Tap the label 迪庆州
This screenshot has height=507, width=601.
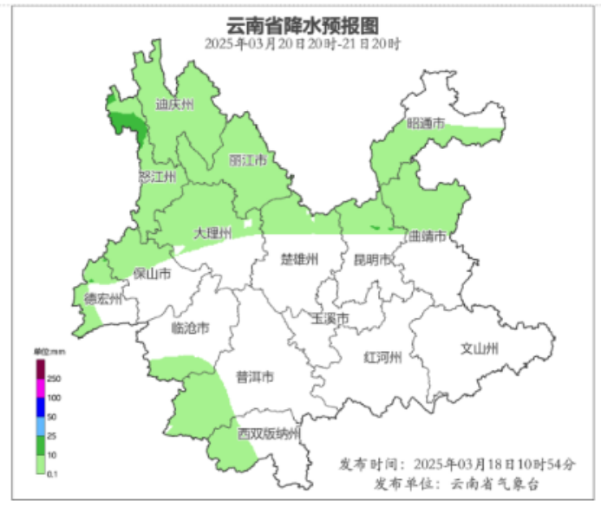coord(174,105)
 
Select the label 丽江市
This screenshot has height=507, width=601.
coord(247,160)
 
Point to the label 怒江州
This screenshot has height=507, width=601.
coord(157,177)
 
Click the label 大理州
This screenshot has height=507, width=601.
coord(212,234)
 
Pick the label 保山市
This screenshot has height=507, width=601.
coord(150,274)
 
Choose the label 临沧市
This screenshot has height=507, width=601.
coord(191,328)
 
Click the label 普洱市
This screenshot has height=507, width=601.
coord(255,377)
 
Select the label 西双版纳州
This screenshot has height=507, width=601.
coord(269,433)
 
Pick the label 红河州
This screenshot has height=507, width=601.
coord(382,357)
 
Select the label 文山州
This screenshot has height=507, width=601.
coord(479,349)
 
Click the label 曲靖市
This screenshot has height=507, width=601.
coord(427,236)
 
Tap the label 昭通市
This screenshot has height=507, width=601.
coord(426,124)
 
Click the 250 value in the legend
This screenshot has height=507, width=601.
coord(53,380)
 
